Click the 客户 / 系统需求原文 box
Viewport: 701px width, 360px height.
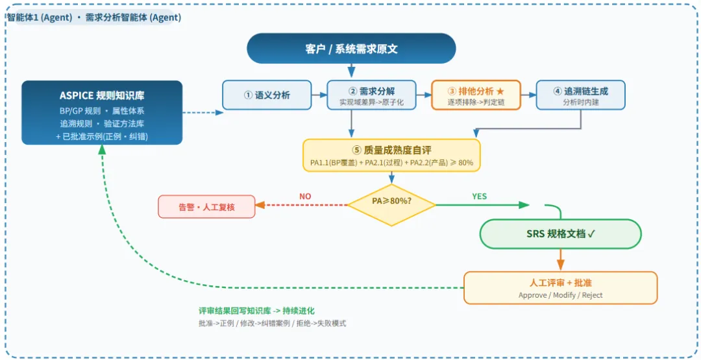pos(351,48)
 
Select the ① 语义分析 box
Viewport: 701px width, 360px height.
pos(267,95)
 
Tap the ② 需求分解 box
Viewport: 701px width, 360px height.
pos(371,95)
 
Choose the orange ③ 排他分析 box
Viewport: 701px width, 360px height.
pos(476,95)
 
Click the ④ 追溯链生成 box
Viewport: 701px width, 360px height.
pos(581,95)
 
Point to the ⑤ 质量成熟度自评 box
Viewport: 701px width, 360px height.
pos(391,155)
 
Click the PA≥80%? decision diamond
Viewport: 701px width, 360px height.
pos(391,205)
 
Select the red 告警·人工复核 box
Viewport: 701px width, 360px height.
pos(206,206)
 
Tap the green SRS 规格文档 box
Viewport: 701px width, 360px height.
pos(561,234)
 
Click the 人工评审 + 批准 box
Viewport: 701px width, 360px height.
pos(561,287)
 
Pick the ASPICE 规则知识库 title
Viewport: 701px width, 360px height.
pos(102,95)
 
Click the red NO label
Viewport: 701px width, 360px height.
pos(305,197)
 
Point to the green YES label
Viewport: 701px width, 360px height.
pos(480,197)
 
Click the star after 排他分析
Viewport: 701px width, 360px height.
pos(500,91)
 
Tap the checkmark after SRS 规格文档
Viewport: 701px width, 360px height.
pos(591,234)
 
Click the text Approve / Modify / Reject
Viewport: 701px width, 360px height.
pos(561,294)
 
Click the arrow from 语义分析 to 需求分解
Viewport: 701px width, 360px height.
pos(319,95)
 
